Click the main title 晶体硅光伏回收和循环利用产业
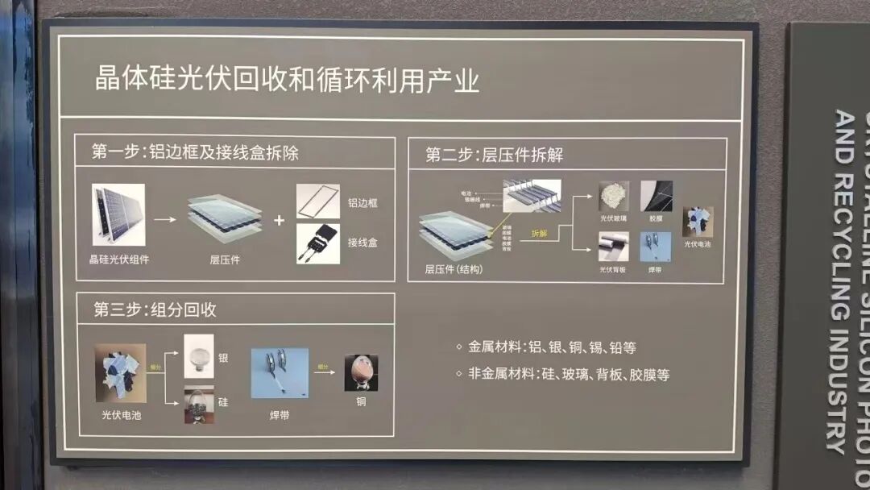tap(287, 81)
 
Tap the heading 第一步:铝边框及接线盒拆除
tap(195, 152)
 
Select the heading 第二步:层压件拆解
tap(494, 155)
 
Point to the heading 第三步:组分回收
tap(155, 309)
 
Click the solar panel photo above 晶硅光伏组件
tap(118, 214)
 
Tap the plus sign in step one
tap(280, 219)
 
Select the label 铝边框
tap(362, 203)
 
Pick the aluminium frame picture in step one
tap(317, 201)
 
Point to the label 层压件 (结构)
tap(454, 269)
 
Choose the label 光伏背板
tap(613, 270)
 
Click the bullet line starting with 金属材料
tap(545, 347)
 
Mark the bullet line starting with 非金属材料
tap(562, 375)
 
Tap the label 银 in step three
tap(223, 357)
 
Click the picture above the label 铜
tap(361, 373)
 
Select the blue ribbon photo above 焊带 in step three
tap(280, 373)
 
